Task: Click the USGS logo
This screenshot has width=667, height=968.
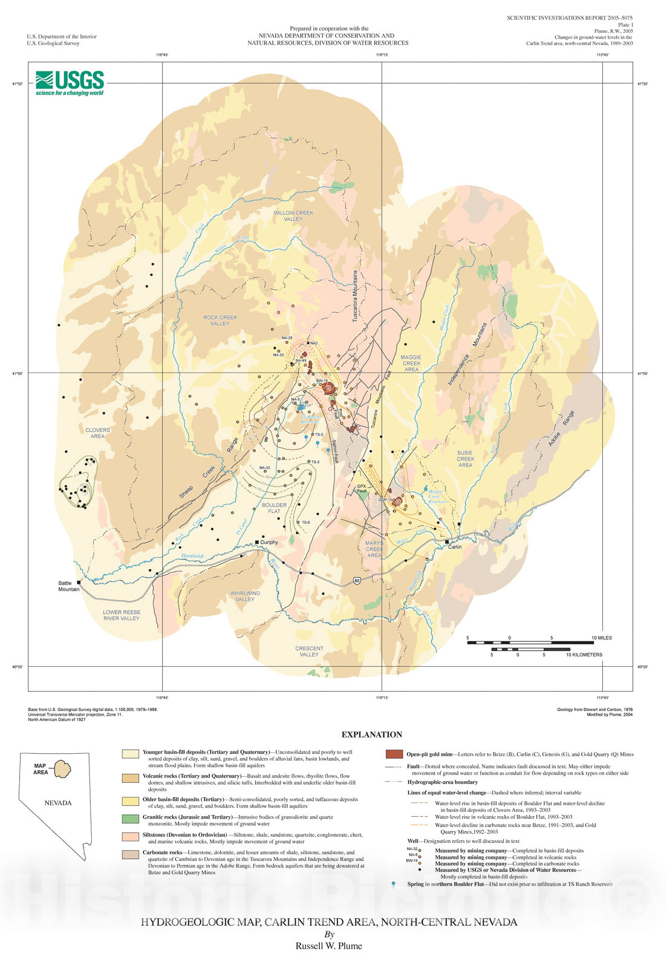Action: click(x=70, y=83)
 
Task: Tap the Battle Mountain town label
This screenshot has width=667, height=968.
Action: click(x=69, y=586)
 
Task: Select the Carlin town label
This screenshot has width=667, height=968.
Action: click(x=454, y=546)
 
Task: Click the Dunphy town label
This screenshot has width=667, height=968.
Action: click(x=269, y=542)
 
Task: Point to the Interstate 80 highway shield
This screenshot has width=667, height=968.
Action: click(x=358, y=581)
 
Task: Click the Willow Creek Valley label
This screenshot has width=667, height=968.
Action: click(x=293, y=216)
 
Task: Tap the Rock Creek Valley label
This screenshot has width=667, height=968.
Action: click(x=220, y=320)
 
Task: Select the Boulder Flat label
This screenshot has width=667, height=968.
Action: click(x=274, y=508)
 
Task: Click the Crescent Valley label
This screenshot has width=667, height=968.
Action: click(x=309, y=651)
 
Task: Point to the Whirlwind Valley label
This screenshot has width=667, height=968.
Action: click(x=245, y=596)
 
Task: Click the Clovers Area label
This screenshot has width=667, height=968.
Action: click(x=97, y=433)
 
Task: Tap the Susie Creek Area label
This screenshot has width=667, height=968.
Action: click(x=465, y=459)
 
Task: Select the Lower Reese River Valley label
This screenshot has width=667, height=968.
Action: click(x=121, y=615)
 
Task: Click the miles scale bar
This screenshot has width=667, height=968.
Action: click(x=530, y=642)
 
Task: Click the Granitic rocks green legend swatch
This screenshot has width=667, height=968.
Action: click(x=131, y=819)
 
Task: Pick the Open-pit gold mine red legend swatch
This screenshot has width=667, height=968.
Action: click(x=394, y=754)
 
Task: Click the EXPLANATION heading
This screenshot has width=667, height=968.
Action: click(x=372, y=734)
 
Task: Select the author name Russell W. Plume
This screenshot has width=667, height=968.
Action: click(x=328, y=946)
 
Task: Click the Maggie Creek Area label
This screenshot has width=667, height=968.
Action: click(x=411, y=363)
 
